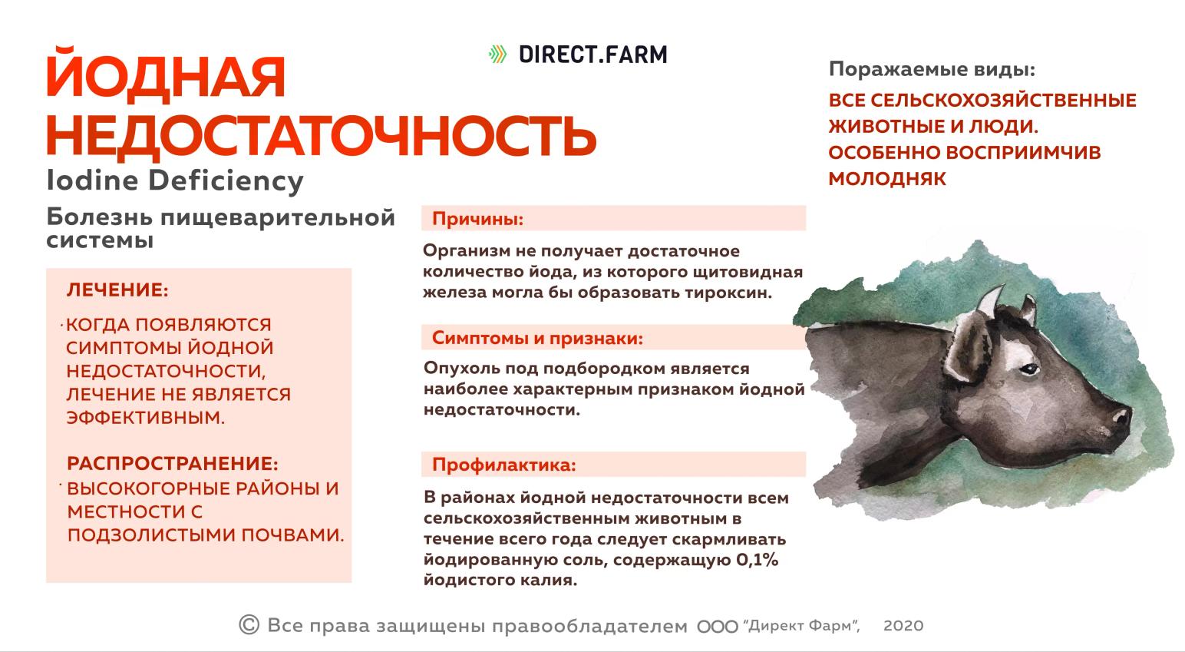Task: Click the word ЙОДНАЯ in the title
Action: click(x=166, y=78)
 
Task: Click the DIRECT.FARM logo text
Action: click(x=592, y=55)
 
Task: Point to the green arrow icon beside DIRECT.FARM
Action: click(x=498, y=55)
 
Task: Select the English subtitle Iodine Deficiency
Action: click(x=175, y=181)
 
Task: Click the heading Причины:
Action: click(x=477, y=219)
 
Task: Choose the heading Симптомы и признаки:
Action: click(x=537, y=338)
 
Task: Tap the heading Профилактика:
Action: click(x=503, y=465)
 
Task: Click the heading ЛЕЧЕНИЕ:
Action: click(x=117, y=290)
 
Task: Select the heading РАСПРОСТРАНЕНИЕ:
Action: click(x=173, y=464)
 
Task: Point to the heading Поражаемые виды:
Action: click(x=932, y=70)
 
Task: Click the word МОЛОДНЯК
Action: click(x=887, y=179)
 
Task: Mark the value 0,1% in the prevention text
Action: click(x=757, y=560)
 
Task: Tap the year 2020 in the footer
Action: click(x=903, y=626)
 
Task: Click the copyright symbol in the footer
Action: click(x=249, y=625)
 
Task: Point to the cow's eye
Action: click(x=1026, y=369)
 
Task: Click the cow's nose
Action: click(x=1122, y=419)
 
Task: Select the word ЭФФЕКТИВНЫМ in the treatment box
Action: click(x=146, y=418)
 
